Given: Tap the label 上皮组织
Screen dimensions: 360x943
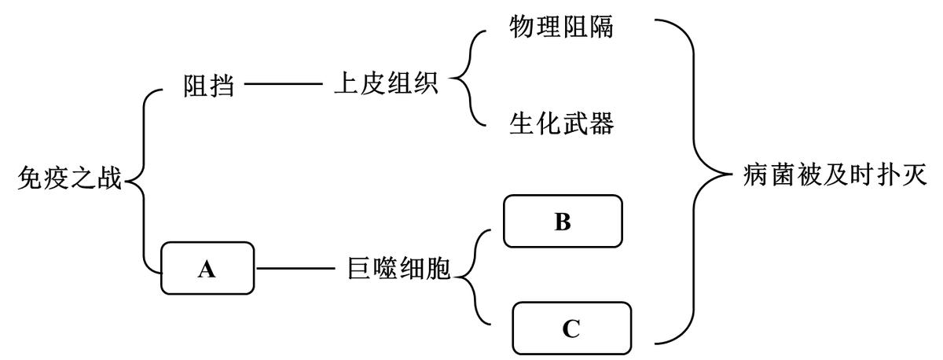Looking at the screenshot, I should click(x=386, y=85).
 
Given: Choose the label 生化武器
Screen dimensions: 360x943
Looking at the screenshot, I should click(x=561, y=123).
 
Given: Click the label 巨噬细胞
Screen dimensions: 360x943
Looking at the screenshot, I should click(x=398, y=269).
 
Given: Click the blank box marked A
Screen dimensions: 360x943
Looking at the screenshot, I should click(x=207, y=269).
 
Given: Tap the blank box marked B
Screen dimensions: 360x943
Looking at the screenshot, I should click(x=562, y=221).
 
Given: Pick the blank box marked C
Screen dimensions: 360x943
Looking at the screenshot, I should click(x=571, y=328).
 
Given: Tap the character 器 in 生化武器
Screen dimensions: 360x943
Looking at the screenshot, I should click(x=601, y=123).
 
